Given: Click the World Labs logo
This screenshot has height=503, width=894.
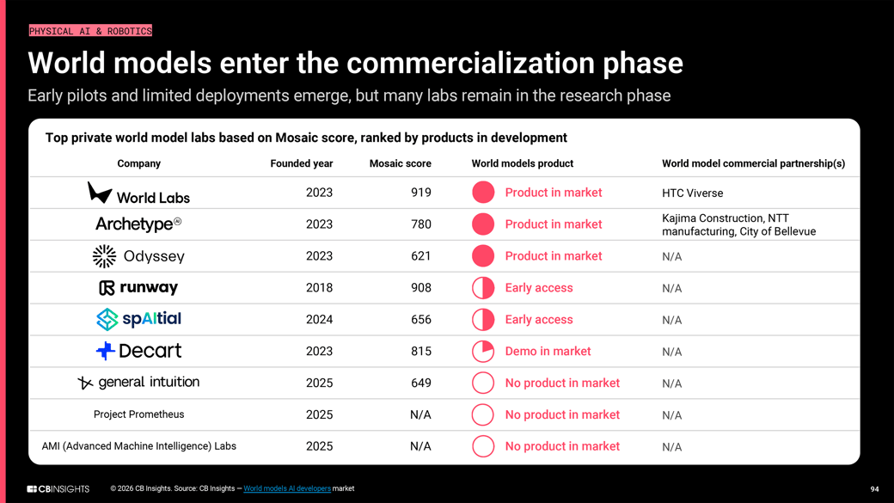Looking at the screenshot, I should click(138, 193).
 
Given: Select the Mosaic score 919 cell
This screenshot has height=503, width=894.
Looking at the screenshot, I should click(420, 193).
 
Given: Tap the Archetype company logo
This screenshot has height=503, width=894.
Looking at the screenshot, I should click(138, 224).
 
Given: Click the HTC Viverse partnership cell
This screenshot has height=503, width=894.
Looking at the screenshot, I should click(692, 193).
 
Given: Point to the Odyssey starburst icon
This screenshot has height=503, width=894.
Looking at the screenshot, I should click(104, 256).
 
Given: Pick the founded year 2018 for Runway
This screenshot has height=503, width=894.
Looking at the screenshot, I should click(319, 288).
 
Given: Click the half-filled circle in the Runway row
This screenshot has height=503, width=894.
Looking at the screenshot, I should click(483, 288).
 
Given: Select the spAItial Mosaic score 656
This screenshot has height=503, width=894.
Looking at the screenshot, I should click(420, 320).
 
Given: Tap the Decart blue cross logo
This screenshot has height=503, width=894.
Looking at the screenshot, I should click(105, 351).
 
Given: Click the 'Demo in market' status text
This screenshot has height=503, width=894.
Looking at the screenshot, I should click(548, 351).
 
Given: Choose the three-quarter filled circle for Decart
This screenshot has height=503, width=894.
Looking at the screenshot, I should click(483, 351).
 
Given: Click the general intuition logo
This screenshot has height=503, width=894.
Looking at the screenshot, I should click(138, 383).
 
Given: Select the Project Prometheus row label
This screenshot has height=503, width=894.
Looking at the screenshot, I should click(138, 414).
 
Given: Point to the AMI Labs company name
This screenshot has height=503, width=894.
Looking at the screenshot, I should click(138, 446).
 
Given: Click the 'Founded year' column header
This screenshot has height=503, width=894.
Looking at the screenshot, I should click(301, 163).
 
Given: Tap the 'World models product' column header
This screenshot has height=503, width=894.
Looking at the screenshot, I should click(522, 163).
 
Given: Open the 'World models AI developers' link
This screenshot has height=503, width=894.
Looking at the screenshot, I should click(287, 488).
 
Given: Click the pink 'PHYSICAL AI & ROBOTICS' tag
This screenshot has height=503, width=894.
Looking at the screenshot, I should click(90, 31).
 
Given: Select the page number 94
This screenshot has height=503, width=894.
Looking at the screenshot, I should click(874, 489).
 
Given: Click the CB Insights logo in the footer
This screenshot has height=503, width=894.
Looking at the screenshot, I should click(58, 488).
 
